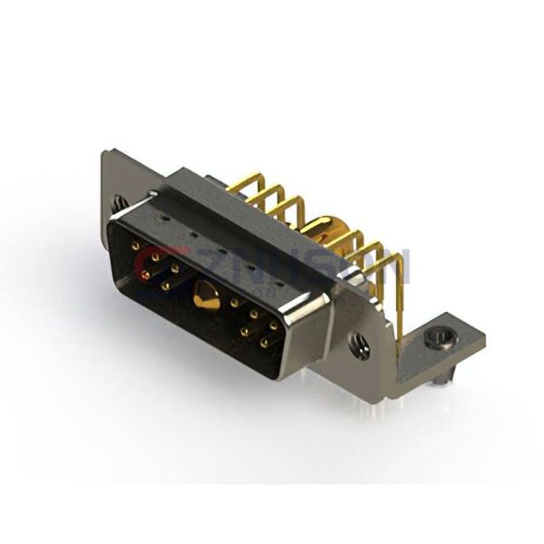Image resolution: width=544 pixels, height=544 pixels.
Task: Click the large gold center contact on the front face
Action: [206, 296]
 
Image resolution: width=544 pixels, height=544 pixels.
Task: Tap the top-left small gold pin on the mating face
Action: [135, 245]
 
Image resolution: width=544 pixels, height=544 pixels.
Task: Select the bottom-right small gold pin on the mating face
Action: [264, 344]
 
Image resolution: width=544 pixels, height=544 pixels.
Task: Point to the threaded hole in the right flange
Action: [360, 345]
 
